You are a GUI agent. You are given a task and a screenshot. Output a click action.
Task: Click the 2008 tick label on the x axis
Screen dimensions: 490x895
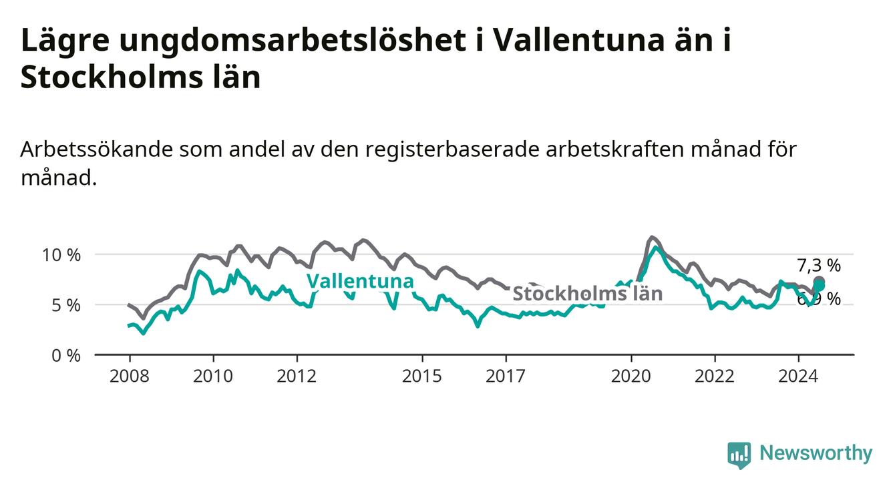tap(130, 376)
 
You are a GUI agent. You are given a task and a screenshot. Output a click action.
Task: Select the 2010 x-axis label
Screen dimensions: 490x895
tap(213, 376)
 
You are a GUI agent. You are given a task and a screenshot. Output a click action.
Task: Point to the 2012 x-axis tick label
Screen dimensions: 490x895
tap(297, 376)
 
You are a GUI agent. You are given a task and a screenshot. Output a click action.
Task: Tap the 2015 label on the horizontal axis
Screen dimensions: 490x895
tap(422, 376)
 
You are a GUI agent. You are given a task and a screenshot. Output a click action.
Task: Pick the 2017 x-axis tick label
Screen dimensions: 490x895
tap(506, 376)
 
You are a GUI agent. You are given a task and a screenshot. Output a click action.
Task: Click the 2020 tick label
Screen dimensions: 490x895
tap(631, 376)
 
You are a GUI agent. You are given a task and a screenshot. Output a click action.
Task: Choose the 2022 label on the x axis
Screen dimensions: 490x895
tap(715, 376)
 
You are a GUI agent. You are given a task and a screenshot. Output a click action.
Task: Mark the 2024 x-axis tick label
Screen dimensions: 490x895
tap(798, 376)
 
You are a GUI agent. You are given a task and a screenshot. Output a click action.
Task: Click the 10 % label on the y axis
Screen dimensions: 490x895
tap(62, 255)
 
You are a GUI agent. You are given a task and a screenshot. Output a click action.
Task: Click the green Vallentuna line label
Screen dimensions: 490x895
tap(360, 281)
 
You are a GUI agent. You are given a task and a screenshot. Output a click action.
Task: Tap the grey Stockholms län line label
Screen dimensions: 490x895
tap(587, 293)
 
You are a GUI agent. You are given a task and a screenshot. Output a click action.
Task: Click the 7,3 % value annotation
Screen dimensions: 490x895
tap(819, 266)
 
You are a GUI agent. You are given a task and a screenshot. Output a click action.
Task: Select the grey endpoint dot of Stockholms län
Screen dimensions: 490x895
tap(819, 282)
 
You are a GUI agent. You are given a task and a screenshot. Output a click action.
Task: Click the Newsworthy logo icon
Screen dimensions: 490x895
tap(739, 455)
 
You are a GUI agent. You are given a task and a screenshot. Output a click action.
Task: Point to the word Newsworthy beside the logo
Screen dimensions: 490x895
tap(816, 454)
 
